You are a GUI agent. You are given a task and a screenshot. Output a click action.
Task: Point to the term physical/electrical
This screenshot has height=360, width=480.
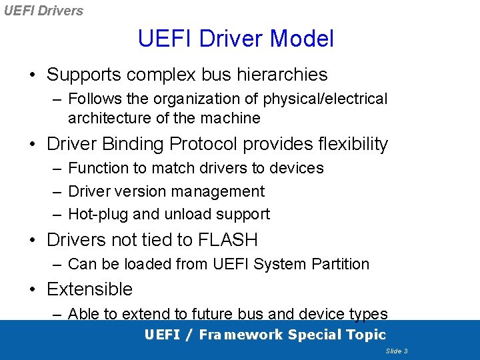tap(325, 99)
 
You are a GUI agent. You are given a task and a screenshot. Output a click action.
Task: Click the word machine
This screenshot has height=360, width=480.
tap(233, 119)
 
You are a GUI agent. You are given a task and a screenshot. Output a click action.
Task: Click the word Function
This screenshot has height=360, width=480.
tap(96, 168)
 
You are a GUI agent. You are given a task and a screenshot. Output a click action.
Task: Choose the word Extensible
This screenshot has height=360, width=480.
tap(89, 289)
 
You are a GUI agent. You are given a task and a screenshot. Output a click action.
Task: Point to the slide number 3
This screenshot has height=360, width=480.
tap(405, 351)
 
